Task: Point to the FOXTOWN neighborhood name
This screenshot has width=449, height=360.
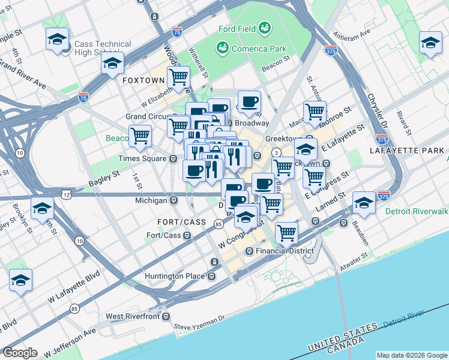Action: (141, 80)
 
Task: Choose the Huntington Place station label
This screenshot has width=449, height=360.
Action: (175, 277)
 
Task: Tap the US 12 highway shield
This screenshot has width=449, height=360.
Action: (65, 194)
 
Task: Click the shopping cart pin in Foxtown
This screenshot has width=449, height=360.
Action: (178, 77)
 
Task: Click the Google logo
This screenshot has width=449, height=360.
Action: (20, 353)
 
